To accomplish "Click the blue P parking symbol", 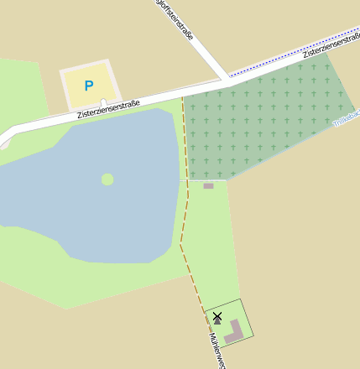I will coord(89,86).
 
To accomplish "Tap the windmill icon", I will coord(217,317).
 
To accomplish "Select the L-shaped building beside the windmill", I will coord(235,330).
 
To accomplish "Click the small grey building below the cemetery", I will coord(208,185).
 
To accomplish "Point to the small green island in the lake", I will coord(107,179).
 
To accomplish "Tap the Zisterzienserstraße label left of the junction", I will coord(108,108).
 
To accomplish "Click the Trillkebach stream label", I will coord(346,118).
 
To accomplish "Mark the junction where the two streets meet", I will coord(227,81).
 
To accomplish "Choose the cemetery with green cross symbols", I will coord(260,122).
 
